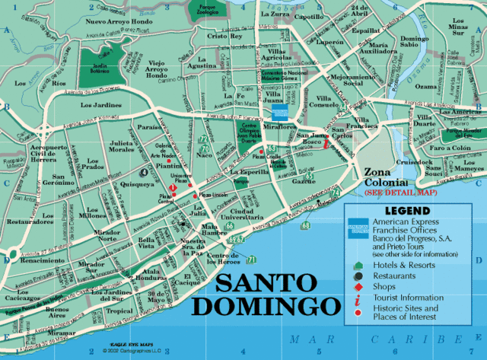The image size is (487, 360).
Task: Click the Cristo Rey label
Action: click(224, 36)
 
